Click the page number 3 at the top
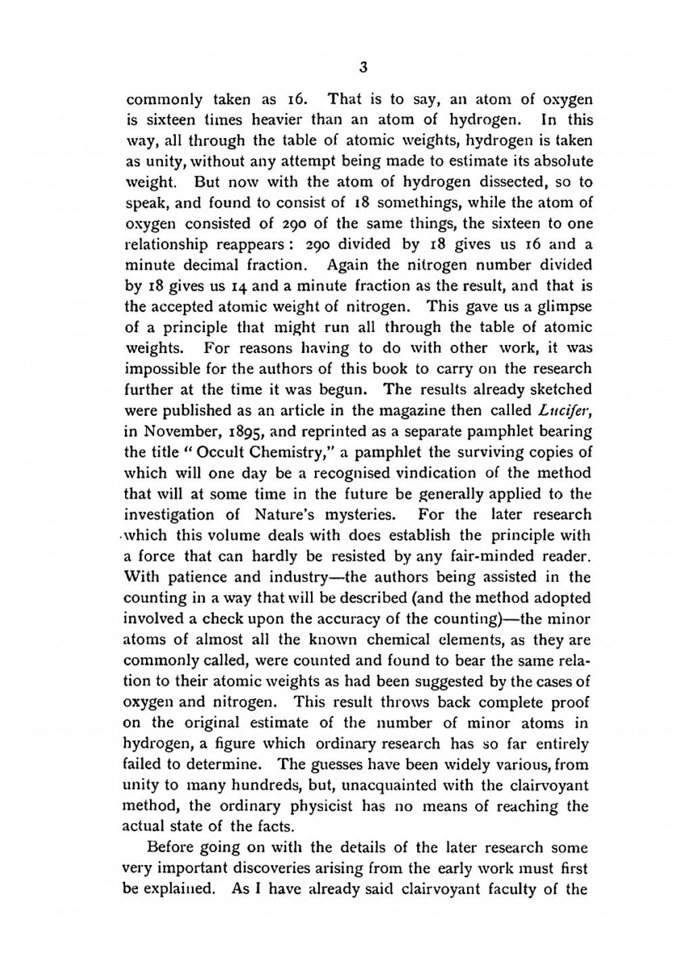(363, 67)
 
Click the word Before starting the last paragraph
(172, 847)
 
